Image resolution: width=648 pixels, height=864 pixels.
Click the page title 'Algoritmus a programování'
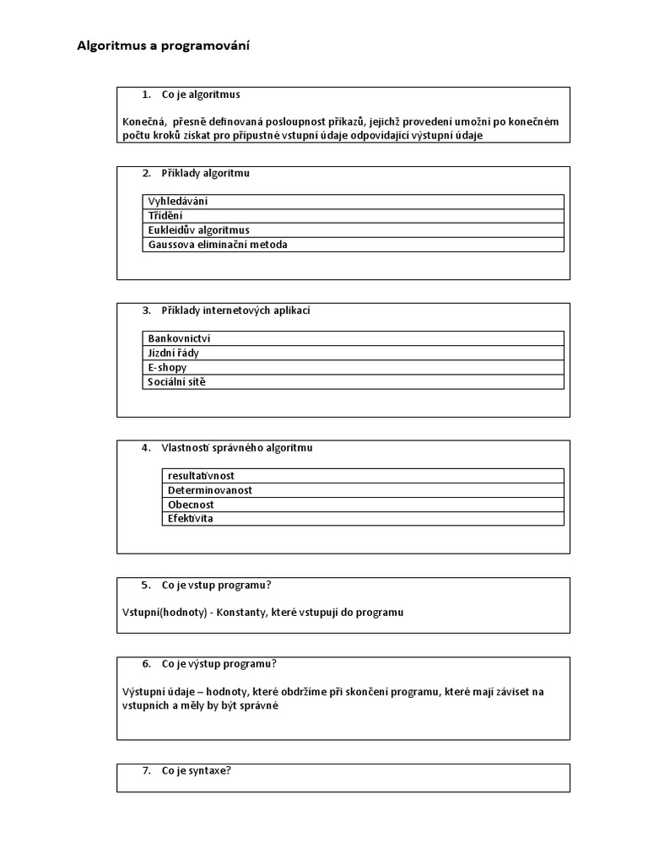163,46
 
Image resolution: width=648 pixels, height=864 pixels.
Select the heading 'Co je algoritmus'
201,94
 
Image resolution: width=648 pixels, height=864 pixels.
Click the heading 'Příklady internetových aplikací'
235,310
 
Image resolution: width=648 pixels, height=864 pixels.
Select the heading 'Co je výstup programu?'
219,663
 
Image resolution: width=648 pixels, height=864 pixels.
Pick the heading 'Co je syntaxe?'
196,770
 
